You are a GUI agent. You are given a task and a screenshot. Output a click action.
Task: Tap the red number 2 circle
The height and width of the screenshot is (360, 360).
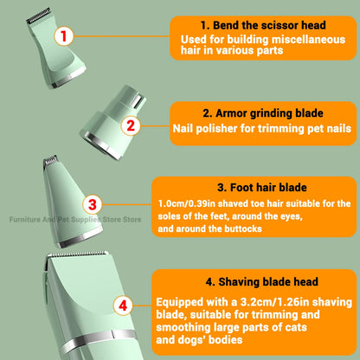coord(131,125)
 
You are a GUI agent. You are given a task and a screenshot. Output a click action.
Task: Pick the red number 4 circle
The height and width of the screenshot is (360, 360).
coord(124,305)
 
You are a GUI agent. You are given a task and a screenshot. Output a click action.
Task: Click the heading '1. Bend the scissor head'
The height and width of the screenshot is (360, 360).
coord(251,24)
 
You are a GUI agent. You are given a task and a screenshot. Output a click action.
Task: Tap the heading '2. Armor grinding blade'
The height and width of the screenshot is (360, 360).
coord(250,113)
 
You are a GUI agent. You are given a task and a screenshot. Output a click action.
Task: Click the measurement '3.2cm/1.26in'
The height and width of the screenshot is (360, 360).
coord(267,302)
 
